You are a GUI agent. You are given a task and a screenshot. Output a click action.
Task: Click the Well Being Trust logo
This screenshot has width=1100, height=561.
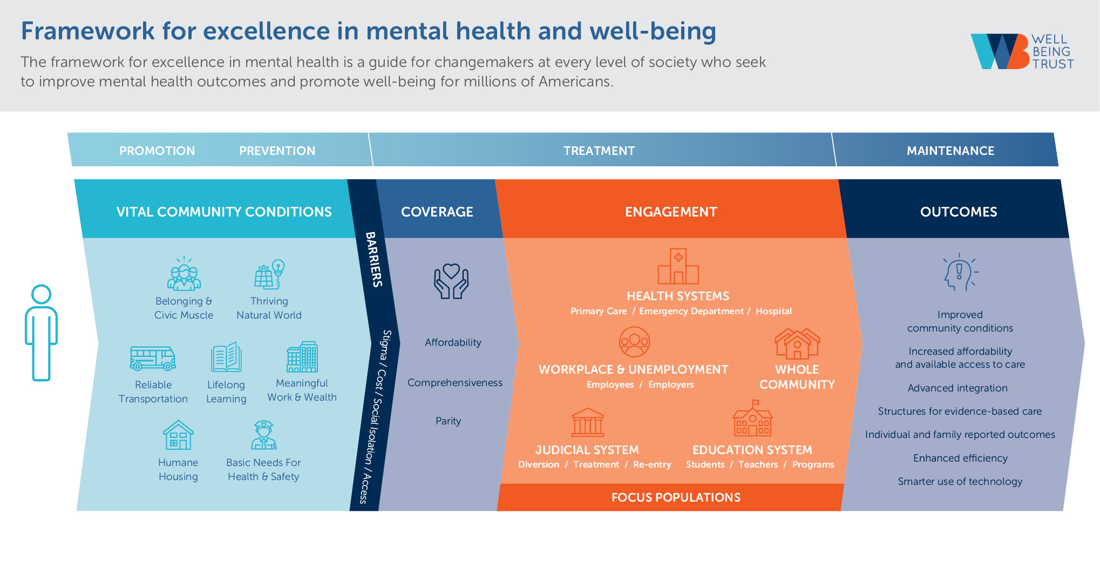pyautogui.click(x=1021, y=51)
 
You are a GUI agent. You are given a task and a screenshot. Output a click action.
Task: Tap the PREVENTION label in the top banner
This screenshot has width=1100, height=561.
pyautogui.click(x=277, y=151)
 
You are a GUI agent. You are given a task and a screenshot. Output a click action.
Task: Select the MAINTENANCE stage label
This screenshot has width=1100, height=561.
pyautogui.click(x=950, y=151)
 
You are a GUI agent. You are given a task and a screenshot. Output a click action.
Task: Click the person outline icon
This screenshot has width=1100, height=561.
pyautogui.click(x=41, y=332)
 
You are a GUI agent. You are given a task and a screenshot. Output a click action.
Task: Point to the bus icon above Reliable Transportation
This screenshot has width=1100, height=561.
pyautogui.click(x=153, y=359)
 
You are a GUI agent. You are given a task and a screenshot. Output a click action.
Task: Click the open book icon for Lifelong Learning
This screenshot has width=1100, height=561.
pyautogui.click(x=226, y=357)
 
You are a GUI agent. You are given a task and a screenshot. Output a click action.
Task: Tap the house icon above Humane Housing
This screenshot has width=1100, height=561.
pyautogui.click(x=178, y=435)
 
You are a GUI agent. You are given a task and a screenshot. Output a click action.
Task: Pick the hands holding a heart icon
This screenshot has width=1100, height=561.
pyautogui.click(x=451, y=281)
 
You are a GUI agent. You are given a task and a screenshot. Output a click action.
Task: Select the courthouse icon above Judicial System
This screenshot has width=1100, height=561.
pyautogui.click(x=588, y=422)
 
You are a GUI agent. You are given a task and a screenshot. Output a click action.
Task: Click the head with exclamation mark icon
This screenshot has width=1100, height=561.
pyautogui.click(x=960, y=272)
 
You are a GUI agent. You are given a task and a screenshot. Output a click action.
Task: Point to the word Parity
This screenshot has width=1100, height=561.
pyautogui.click(x=448, y=421)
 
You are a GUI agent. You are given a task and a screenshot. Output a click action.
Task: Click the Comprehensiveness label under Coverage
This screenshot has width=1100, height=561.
pyautogui.click(x=454, y=383)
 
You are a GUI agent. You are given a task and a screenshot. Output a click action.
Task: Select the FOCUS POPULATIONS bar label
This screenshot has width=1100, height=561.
pyautogui.click(x=676, y=497)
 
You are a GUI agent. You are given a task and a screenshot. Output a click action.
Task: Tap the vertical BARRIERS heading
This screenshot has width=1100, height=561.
pyautogui.click(x=374, y=259)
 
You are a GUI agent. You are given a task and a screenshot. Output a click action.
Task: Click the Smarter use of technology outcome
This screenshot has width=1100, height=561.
pyautogui.click(x=960, y=482)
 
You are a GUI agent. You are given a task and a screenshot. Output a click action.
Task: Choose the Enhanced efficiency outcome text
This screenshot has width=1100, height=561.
pyautogui.click(x=960, y=458)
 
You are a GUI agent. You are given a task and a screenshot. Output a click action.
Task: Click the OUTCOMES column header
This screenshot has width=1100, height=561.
pyautogui.click(x=958, y=212)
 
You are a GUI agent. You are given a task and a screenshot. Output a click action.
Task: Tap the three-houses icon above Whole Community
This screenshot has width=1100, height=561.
pyautogui.click(x=797, y=344)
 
